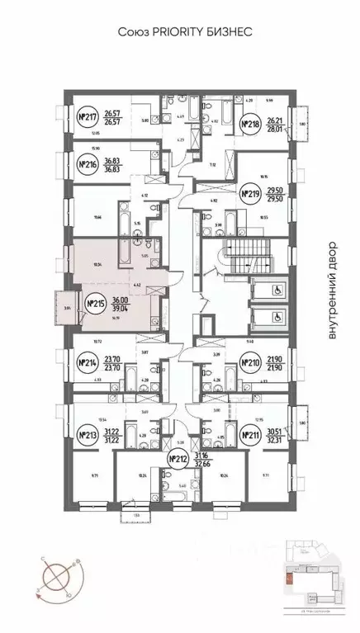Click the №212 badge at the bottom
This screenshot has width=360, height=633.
coord(175,459)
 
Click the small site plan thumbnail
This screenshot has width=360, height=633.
coord(313,580)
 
